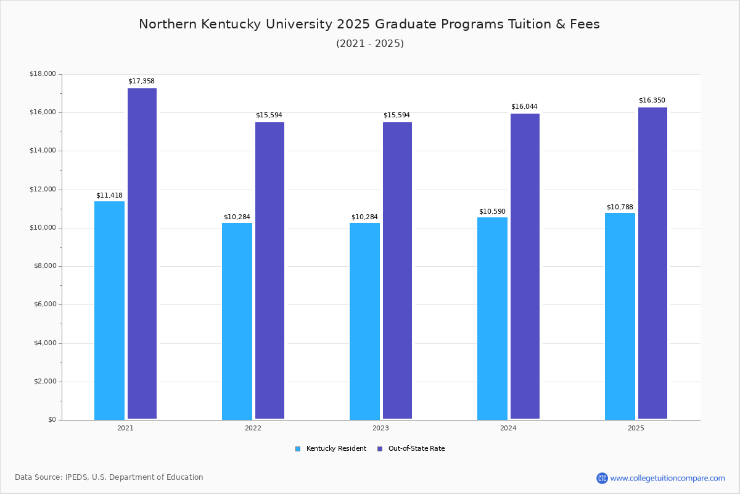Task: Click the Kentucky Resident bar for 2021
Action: (x=109, y=310)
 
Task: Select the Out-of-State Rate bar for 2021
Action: (x=142, y=253)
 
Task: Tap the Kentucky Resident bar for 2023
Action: (x=364, y=321)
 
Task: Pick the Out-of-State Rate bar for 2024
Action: (x=525, y=266)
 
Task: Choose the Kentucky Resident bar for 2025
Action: (x=620, y=316)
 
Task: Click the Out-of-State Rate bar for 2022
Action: (x=269, y=270)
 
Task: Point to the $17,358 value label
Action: (x=141, y=82)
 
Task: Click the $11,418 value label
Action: (x=109, y=196)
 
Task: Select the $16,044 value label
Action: (x=524, y=107)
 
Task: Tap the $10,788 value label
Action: (x=620, y=207)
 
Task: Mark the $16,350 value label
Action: (x=652, y=101)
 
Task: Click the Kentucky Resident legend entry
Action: (x=331, y=449)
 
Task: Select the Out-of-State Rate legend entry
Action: (x=411, y=449)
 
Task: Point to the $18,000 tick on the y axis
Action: (x=43, y=74)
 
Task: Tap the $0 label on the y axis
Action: (x=51, y=420)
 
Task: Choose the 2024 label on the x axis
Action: (x=508, y=428)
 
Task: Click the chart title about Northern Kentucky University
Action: (x=369, y=24)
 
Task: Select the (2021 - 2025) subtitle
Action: (x=369, y=44)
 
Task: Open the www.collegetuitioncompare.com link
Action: (x=667, y=478)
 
